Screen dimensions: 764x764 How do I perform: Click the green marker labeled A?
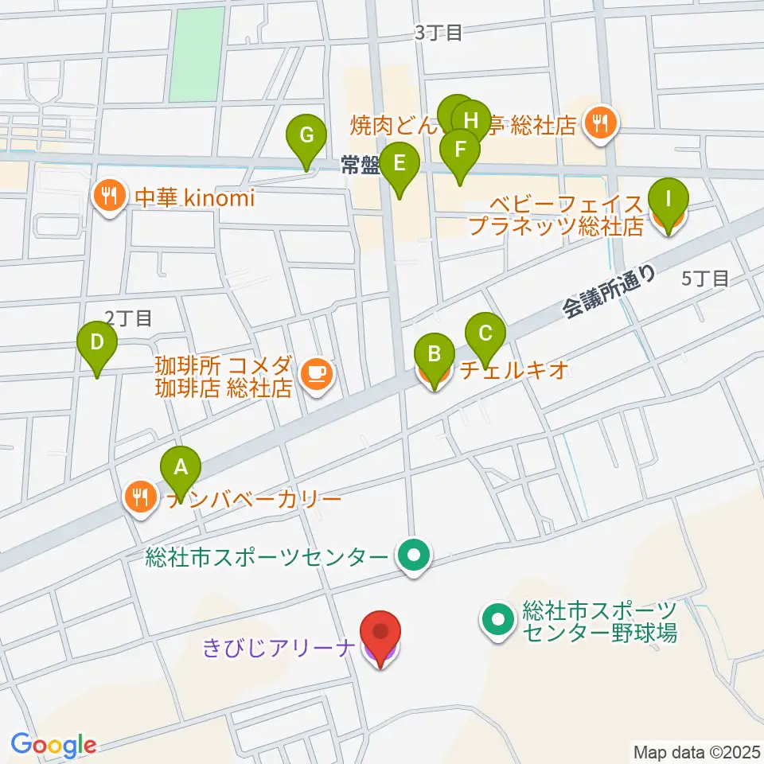pyautogui.click(x=181, y=467)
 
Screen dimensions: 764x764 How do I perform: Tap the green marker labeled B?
pyautogui.click(x=435, y=354)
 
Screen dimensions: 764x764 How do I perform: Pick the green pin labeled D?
pyautogui.click(x=97, y=344)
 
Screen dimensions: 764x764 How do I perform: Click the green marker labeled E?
pyautogui.click(x=399, y=165)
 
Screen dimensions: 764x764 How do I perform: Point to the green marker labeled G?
pyautogui.click(x=306, y=136)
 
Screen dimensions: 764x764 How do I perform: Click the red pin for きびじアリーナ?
pyautogui.click(x=380, y=633)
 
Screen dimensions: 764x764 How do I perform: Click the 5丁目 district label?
pyautogui.click(x=705, y=278)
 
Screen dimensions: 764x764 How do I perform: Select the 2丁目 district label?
pyautogui.click(x=128, y=318)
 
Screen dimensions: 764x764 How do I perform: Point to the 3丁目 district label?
pyautogui.click(x=439, y=33)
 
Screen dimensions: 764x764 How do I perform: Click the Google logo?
pyautogui.click(x=53, y=744)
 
